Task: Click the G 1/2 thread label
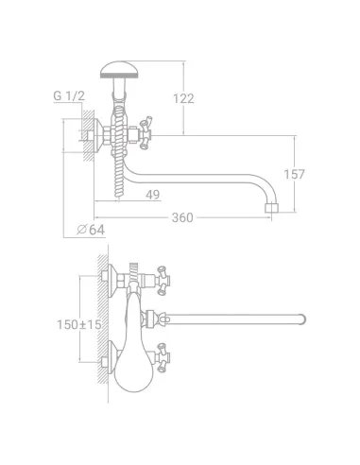(69, 95)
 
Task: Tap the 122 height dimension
(183, 99)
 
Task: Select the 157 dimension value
(294, 174)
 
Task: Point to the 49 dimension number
(153, 195)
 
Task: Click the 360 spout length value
(182, 217)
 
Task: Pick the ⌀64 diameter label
(91, 230)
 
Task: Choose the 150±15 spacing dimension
(79, 324)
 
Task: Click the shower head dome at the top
(119, 70)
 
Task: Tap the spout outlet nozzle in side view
(270, 208)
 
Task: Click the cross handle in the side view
(146, 132)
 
